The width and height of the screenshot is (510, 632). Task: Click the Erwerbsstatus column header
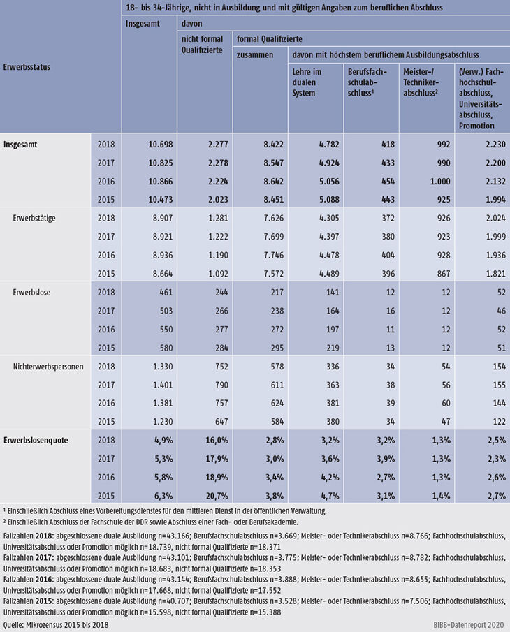point(27,67)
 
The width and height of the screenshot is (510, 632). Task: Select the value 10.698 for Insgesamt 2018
point(161,145)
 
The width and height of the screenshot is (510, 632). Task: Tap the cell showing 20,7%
point(217,496)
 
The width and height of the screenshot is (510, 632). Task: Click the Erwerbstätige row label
point(34,219)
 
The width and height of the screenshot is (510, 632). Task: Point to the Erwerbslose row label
point(31,292)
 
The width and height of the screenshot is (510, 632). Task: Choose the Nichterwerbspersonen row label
point(48,367)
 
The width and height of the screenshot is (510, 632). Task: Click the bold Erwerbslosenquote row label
point(36,440)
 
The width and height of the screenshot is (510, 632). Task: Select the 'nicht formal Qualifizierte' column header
point(202,44)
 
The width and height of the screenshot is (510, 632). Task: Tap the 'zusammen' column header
point(255,54)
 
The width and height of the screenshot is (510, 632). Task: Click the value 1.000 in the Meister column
point(440,182)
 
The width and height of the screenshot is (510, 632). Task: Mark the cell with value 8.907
point(163,218)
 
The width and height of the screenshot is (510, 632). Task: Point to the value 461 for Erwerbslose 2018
point(166,292)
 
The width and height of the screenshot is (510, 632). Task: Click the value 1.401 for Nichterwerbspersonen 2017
point(163,385)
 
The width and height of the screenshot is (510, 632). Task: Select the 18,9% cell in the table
point(217,477)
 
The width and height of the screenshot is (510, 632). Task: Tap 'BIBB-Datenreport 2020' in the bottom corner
point(469,625)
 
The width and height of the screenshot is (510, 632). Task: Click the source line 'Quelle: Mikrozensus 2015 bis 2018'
point(56,625)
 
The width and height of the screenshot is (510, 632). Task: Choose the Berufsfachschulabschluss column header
point(367,82)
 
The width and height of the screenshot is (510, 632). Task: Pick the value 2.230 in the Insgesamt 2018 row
point(495,145)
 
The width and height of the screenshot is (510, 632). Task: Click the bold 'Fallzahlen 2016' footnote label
point(28,580)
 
